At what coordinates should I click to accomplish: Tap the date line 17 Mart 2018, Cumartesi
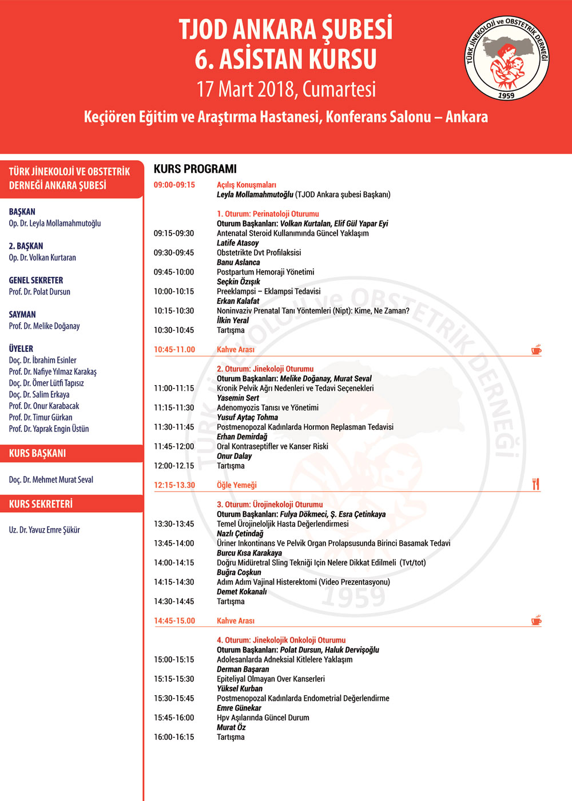(x=286, y=89)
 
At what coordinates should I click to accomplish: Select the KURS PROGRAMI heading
(x=195, y=169)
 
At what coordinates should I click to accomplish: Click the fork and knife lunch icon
(x=535, y=485)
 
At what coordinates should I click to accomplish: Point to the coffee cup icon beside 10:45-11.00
(x=536, y=349)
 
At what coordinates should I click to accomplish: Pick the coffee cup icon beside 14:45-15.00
(x=536, y=620)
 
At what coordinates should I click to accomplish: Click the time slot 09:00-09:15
(x=174, y=185)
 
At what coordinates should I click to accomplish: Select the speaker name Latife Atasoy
(x=237, y=243)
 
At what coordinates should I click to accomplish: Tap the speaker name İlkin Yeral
(x=232, y=320)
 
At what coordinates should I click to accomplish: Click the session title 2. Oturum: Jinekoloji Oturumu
(x=265, y=369)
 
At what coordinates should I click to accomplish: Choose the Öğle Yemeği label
(x=236, y=485)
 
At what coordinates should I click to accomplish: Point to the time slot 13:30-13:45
(x=173, y=524)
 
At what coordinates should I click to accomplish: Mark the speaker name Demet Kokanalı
(x=241, y=592)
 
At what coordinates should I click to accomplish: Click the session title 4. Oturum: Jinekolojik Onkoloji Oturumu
(x=281, y=640)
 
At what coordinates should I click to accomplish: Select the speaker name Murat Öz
(x=231, y=727)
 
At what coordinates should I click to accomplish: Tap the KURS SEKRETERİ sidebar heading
(x=41, y=504)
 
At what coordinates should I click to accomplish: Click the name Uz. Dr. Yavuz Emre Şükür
(x=44, y=530)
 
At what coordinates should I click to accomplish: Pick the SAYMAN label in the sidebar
(x=22, y=315)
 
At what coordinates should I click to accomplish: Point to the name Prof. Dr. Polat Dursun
(x=39, y=292)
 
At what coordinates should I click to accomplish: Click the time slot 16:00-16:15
(x=173, y=737)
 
